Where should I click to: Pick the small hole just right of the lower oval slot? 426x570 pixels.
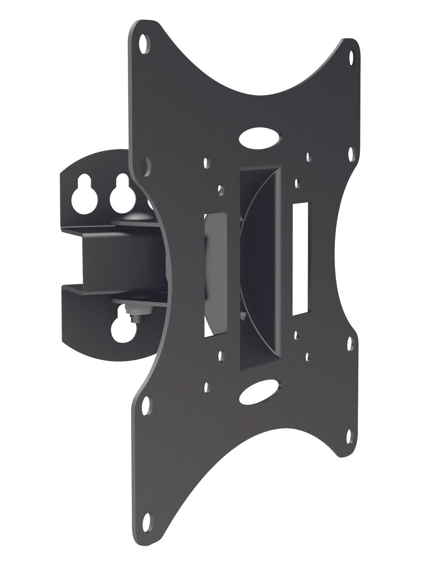coord(308,354)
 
